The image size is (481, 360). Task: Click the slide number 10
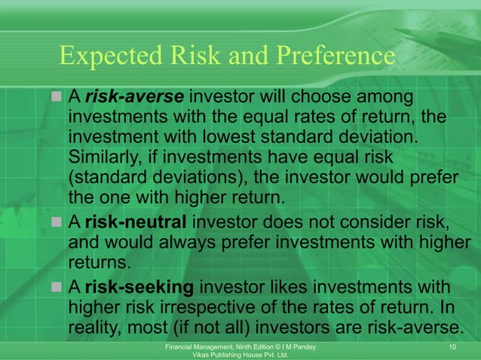tap(452, 346)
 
